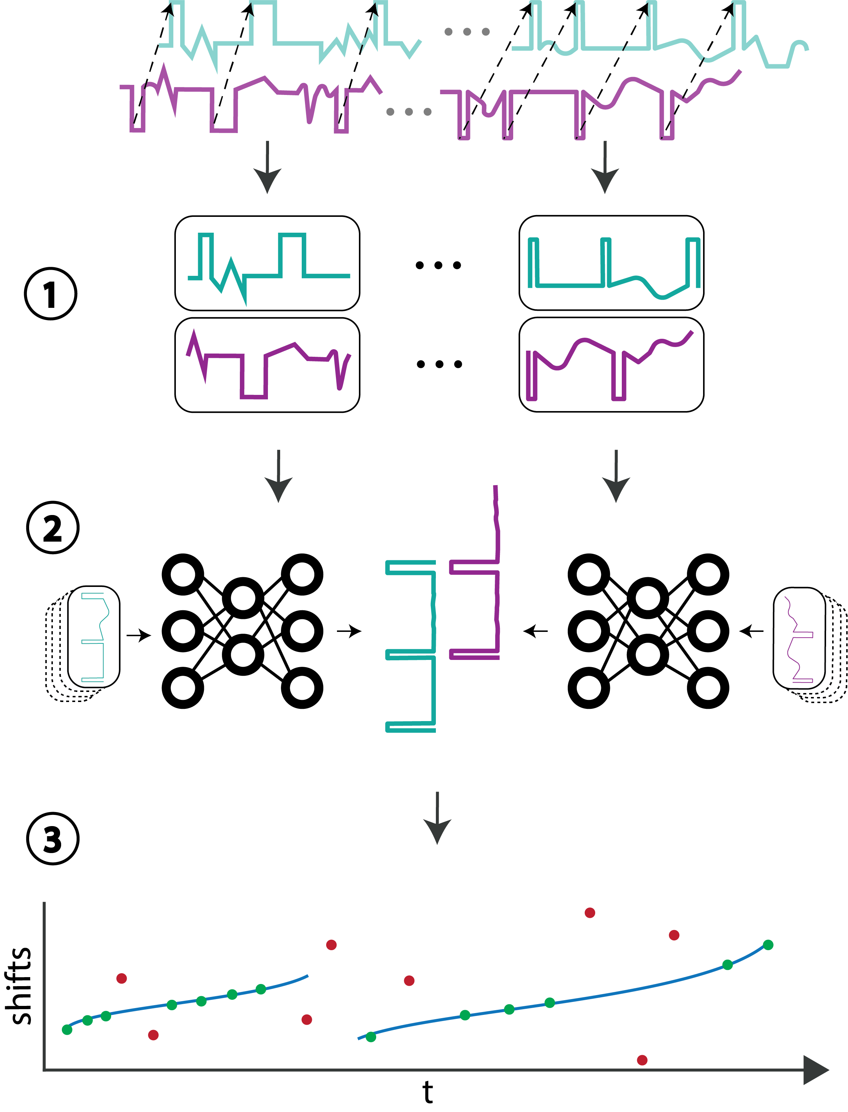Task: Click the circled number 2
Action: [x=53, y=528]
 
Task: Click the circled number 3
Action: [x=53, y=838]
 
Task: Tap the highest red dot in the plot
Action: [x=589, y=913]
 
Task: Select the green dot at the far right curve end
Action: [x=768, y=945]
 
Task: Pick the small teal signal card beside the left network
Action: [x=94, y=637]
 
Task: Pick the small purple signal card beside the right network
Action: [x=799, y=638]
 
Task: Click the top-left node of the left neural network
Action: [x=183, y=574]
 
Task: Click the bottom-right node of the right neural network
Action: [x=708, y=688]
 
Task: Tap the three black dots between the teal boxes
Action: [x=438, y=265]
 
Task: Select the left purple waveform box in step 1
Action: [x=267, y=365]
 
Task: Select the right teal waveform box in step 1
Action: [x=611, y=263]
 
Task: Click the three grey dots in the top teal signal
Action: [x=467, y=32]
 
